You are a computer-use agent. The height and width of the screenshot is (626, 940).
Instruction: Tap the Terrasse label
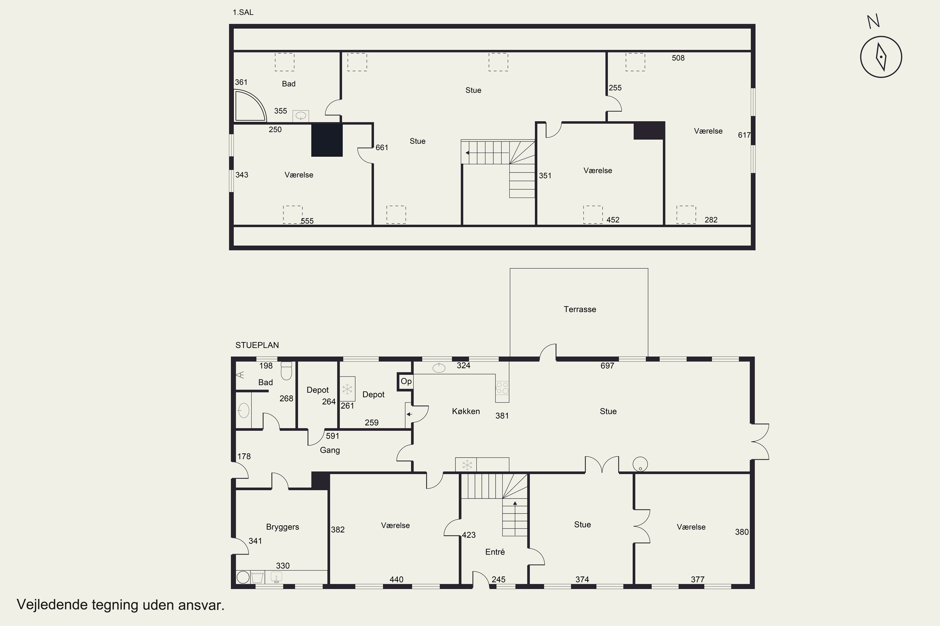click(x=579, y=310)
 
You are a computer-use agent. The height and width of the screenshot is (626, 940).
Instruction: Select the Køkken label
click(x=466, y=411)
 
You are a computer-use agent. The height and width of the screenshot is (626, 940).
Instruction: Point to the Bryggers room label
click(x=283, y=527)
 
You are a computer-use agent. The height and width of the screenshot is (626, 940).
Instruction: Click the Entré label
click(x=495, y=552)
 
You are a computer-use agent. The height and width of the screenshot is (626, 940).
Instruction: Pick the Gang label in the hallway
click(x=330, y=450)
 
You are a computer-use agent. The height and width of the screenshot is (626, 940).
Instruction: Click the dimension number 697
click(x=607, y=366)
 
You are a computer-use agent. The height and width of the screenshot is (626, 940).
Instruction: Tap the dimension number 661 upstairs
click(x=382, y=148)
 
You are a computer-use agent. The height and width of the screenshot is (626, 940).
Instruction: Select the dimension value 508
click(x=678, y=58)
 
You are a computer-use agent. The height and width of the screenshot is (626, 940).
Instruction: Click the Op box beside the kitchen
click(x=406, y=381)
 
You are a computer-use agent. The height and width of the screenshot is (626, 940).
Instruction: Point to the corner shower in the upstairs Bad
click(x=250, y=106)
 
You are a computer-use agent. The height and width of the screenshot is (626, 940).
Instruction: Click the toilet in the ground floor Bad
click(x=286, y=371)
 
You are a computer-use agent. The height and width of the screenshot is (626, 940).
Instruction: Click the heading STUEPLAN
click(x=257, y=345)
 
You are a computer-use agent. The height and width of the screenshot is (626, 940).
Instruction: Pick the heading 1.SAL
click(x=243, y=13)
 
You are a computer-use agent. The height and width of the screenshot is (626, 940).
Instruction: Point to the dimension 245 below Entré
click(x=499, y=579)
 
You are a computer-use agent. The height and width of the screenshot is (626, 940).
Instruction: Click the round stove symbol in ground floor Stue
click(x=640, y=464)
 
